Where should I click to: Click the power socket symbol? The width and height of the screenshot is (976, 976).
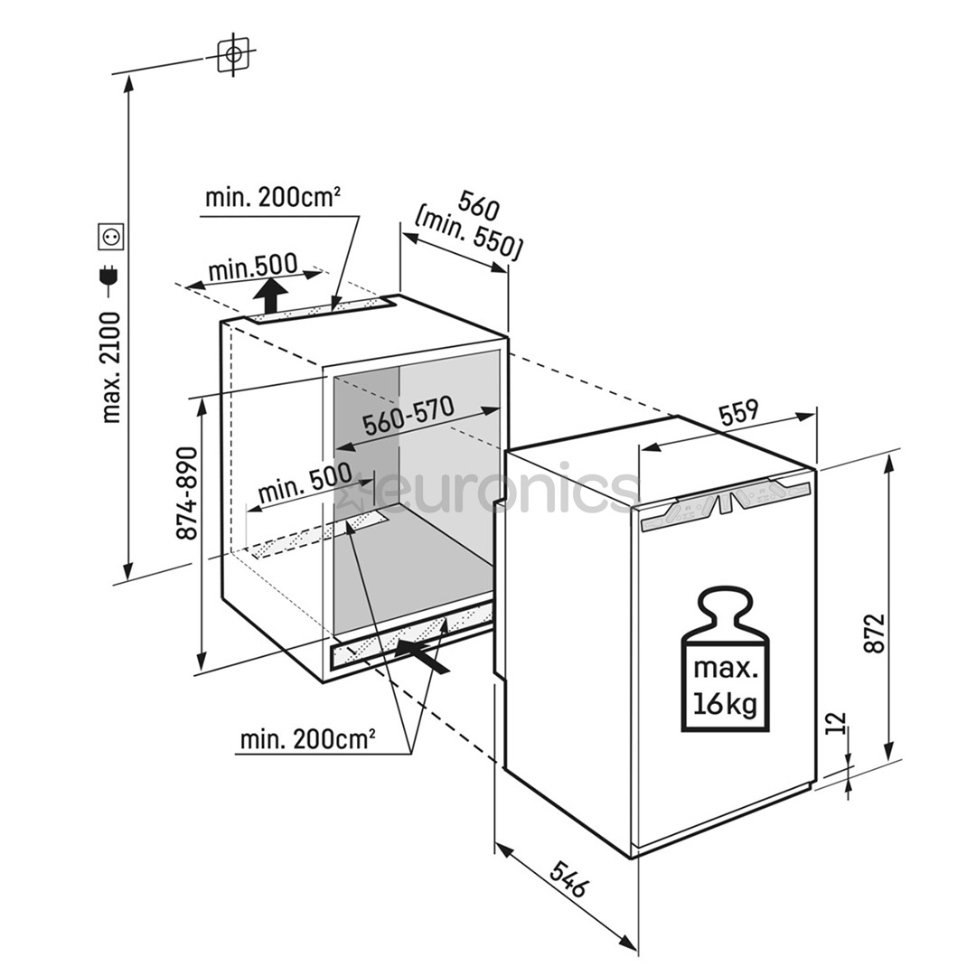click(111, 237)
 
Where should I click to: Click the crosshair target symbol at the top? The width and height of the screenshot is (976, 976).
click(233, 53)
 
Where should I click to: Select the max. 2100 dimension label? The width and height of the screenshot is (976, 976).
click(111, 367)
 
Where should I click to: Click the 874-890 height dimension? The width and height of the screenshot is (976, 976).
click(187, 493)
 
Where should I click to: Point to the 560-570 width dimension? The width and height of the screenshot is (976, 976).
click(408, 417)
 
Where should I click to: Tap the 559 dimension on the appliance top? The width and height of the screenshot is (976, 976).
click(739, 413)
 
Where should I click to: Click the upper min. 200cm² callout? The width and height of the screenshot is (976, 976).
click(273, 197)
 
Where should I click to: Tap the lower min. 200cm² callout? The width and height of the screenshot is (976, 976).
click(307, 739)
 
